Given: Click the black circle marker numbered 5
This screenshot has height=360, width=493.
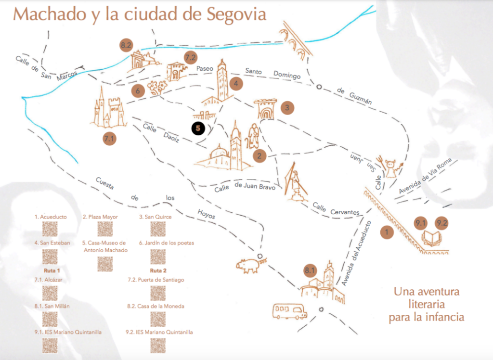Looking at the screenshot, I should [198, 129].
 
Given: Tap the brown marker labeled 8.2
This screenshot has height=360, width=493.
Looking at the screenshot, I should [126, 46].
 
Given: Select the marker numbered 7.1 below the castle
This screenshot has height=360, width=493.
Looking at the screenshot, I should [110, 139].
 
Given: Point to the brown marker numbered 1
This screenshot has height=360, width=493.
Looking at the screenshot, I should [387, 232].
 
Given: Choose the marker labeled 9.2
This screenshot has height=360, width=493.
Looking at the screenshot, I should [441, 223].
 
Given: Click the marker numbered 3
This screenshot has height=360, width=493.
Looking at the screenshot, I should [287, 107].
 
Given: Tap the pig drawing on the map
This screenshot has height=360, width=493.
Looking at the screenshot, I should [249, 265].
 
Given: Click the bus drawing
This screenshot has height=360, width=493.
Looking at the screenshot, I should [289, 311].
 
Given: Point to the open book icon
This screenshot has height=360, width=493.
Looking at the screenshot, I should [431, 238].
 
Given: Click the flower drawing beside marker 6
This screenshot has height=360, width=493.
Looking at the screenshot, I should [157, 88].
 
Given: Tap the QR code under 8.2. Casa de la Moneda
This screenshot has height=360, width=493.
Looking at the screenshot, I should [158, 319].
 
